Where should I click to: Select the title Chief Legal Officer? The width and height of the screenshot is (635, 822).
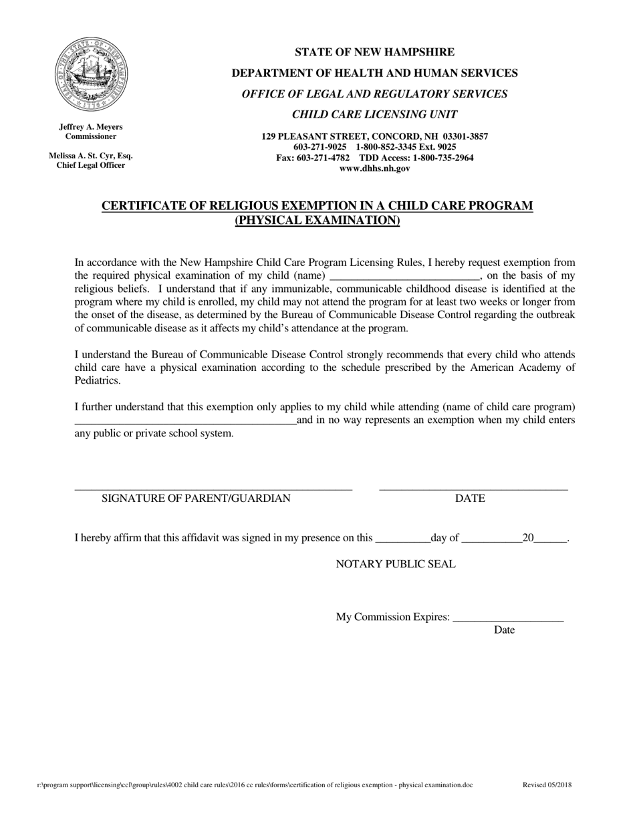tap(91, 165)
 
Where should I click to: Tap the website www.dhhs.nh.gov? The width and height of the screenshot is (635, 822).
tap(374, 168)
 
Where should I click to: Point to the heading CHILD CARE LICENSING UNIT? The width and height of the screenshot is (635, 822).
tap(374, 114)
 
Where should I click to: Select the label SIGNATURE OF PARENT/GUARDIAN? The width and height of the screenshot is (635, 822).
tap(196, 499)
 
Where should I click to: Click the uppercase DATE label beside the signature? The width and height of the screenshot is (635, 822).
tap(470, 499)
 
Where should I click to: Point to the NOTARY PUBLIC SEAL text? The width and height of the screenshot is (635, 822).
tap(396, 564)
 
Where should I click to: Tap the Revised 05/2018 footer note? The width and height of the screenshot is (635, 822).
tap(547, 785)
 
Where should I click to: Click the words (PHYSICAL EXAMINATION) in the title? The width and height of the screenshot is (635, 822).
tap(317, 221)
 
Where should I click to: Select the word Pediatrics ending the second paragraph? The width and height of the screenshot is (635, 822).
tap(98, 380)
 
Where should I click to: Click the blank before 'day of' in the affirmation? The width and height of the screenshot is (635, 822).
tap(402, 539)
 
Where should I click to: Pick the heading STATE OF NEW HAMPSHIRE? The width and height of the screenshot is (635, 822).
tap(374, 52)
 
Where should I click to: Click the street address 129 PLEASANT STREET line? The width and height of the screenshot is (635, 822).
tap(374, 136)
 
